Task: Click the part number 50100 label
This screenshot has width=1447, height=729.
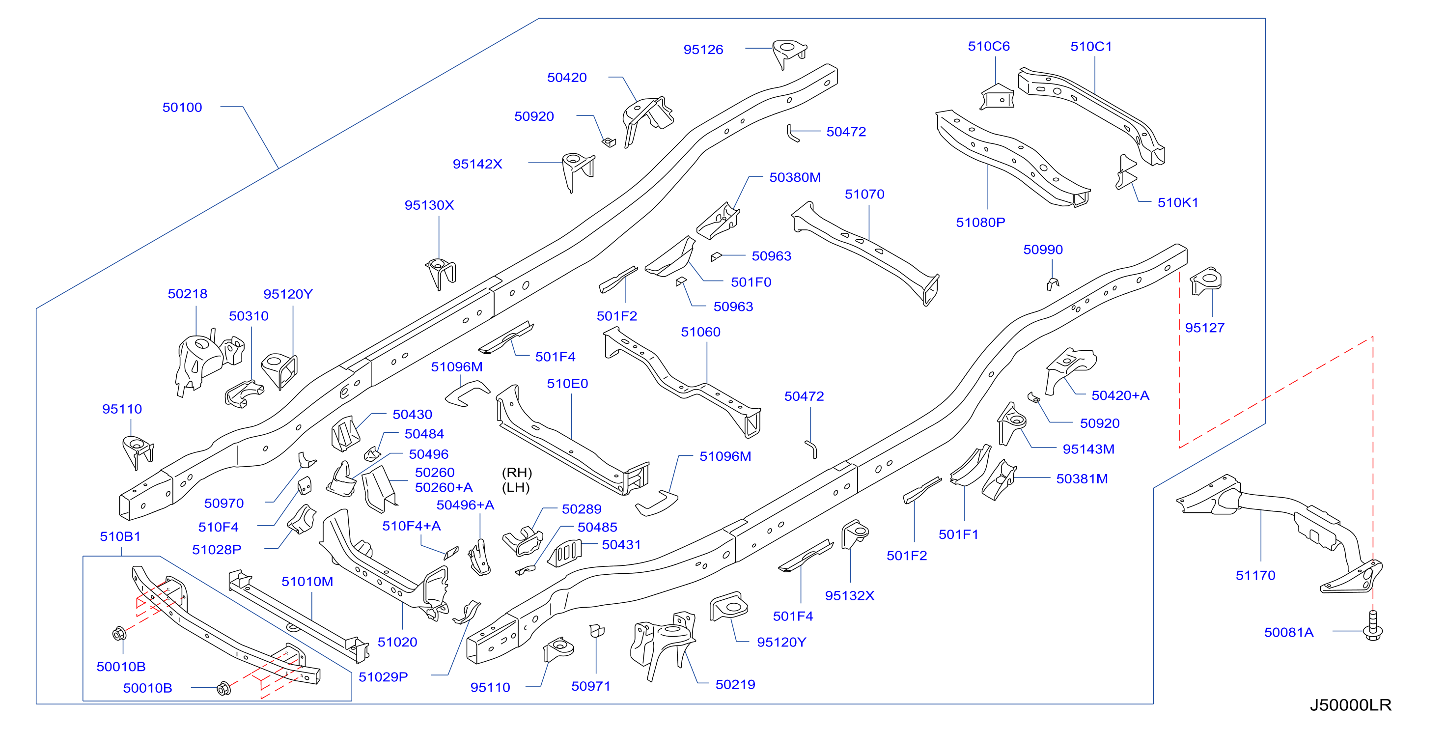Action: (182, 107)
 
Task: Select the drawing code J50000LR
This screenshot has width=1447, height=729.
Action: (1350, 705)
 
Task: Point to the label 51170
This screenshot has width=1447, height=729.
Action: (1255, 575)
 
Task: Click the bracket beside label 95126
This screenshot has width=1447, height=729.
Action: (789, 54)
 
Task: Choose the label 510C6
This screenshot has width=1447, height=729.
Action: (989, 46)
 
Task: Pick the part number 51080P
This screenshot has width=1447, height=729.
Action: (980, 223)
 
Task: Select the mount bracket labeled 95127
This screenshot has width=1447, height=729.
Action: (1206, 280)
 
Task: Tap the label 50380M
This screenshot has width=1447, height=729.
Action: (795, 177)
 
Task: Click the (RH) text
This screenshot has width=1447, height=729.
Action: (517, 473)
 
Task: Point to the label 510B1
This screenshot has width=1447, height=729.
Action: (120, 536)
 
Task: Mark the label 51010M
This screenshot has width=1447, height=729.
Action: (307, 581)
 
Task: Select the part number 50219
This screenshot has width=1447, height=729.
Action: (735, 685)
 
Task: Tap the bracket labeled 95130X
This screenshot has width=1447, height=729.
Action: (441, 274)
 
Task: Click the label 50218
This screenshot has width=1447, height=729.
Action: (188, 294)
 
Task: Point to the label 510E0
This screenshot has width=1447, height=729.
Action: (567, 384)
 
